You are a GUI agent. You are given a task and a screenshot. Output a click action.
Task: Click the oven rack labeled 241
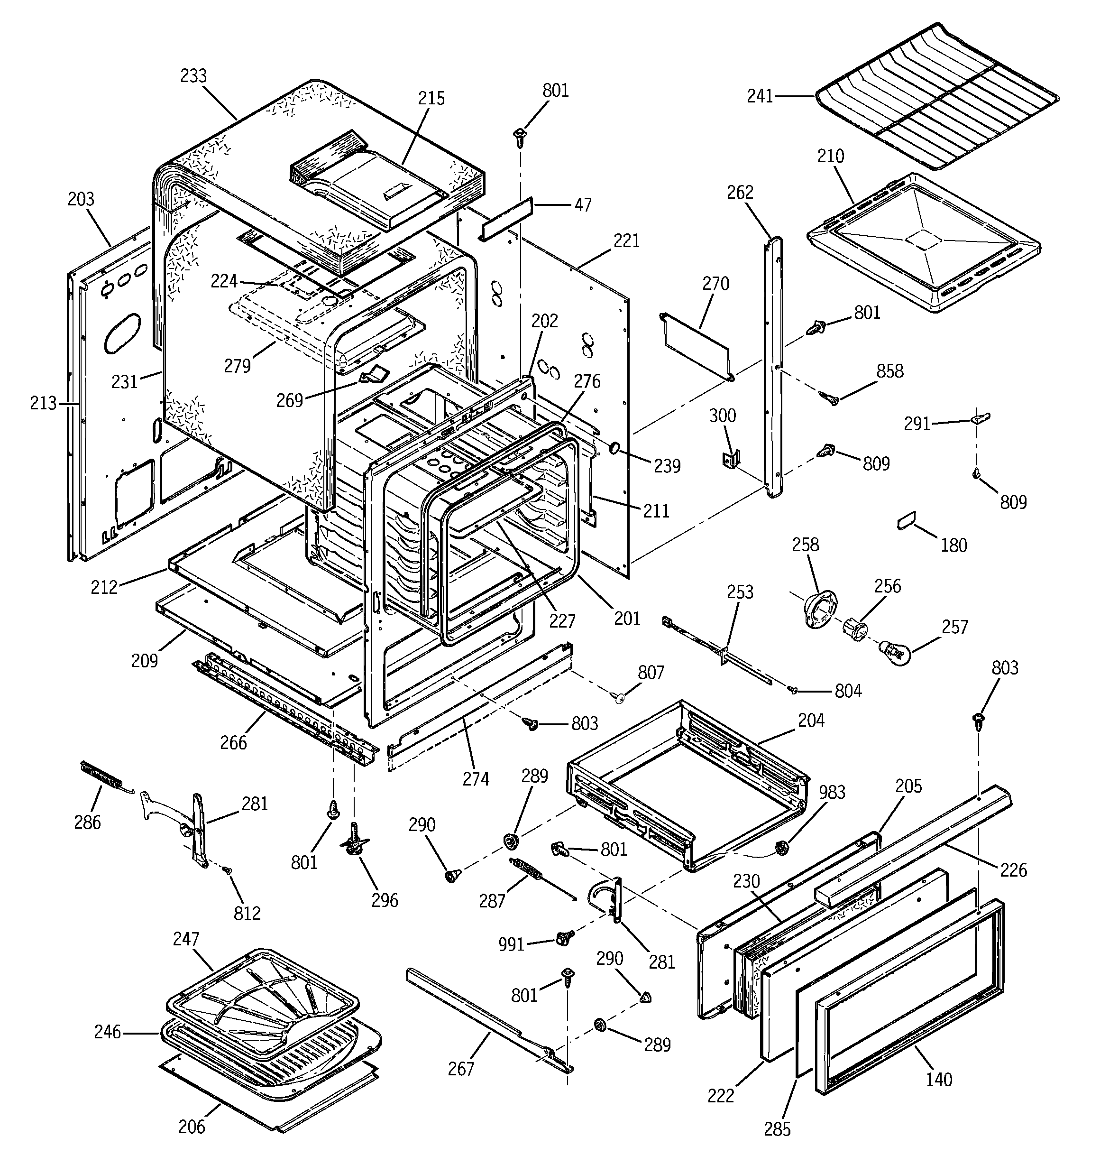point(939,97)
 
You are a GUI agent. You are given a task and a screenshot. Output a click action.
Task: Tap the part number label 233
point(193,76)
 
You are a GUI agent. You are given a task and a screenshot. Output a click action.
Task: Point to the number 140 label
point(938,1080)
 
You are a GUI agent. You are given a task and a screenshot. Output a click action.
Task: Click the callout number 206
point(192,1127)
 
